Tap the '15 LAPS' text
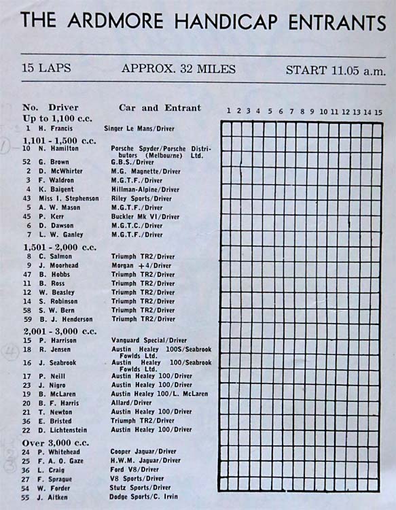pyautogui.click(x=47, y=69)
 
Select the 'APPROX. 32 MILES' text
pyautogui.click(x=179, y=69)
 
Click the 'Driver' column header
pyautogui.click(x=63, y=107)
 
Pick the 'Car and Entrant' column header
pyautogui.click(x=160, y=107)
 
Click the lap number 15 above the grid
pyautogui.click(x=378, y=112)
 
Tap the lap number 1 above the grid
pyautogui.click(x=229, y=112)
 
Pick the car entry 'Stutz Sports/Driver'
pyautogui.click(x=141, y=487)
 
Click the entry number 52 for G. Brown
pyautogui.click(x=26, y=163)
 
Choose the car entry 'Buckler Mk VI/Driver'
pyautogui.click(x=145, y=217)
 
